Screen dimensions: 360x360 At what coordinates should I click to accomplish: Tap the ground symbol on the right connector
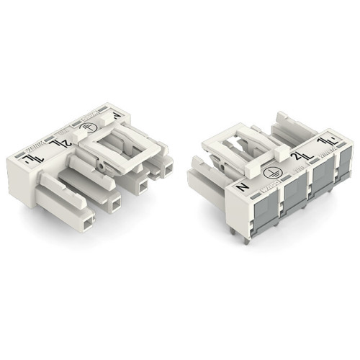[x=272, y=173]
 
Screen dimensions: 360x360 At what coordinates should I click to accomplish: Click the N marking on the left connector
[x=114, y=114]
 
